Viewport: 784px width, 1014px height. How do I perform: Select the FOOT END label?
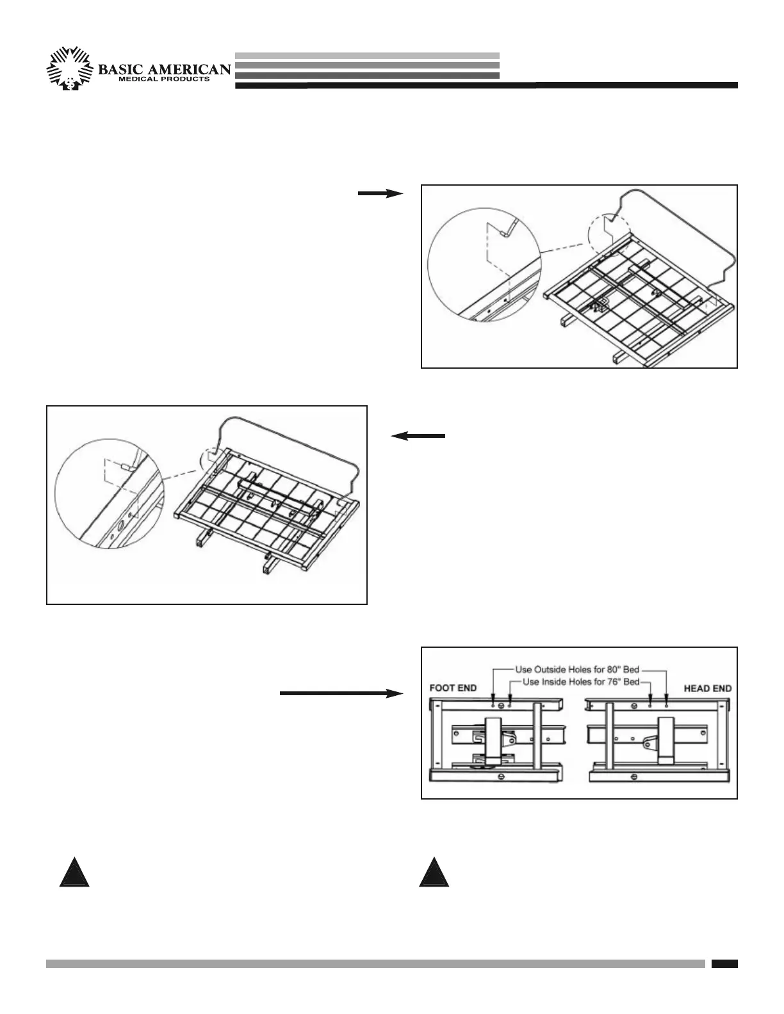pos(452,688)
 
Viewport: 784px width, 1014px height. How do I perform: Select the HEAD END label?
pos(708,688)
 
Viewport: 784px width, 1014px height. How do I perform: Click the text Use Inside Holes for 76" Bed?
pos(581,682)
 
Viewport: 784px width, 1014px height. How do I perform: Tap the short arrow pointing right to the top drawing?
pos(380,194)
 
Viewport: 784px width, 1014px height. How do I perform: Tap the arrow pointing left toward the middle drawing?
pos(418,436)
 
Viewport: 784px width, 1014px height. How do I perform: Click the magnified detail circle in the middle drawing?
pos(111,492)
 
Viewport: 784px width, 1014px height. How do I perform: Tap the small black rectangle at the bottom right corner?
pos(724,963)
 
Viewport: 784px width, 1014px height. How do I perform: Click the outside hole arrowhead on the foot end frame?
pos(493,699)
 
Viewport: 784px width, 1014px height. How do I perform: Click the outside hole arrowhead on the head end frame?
pos(667,699)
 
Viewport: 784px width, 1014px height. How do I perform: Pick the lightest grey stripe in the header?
pos(367,56)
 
